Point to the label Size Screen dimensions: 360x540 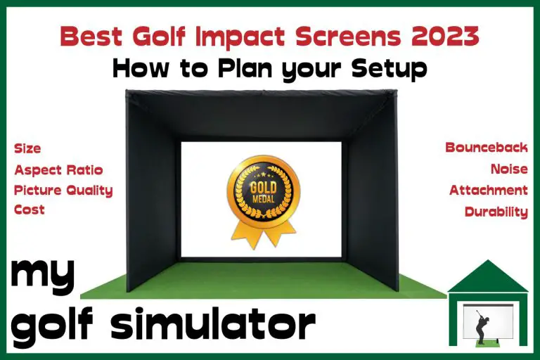(27, 148)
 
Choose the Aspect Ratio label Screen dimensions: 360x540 (58, 169)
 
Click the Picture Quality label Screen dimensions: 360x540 (63, 190)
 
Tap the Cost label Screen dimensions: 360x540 (30, 210)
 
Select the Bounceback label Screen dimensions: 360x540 (486, 148)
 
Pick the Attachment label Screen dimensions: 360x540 (489, 190)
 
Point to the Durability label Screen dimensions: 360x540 (496, 211)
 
